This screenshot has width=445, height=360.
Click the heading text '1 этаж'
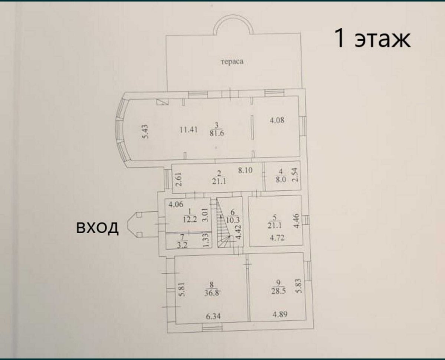click(x=372, y=38)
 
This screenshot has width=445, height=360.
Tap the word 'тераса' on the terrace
click(x=232, y=62)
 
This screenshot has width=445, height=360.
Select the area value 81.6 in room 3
click(x=217, y=133)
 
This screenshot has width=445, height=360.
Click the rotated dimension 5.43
click(x=145, y=132)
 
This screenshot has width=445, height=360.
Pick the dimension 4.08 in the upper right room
click(x=277, y=120)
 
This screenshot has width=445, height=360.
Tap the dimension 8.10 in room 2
click(x=245, y=171)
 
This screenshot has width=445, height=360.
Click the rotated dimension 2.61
click(x=179, y=179)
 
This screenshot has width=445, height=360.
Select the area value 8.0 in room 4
click(x=281, y=179)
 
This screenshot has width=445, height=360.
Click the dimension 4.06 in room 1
click(x=176, y=204)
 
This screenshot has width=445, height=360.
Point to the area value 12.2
click(x=190, y=219)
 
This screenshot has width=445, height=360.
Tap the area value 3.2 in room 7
click(x=182, y=245)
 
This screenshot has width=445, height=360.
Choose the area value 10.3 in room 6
click(x=233, y=219)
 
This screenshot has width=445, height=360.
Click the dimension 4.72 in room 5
click(x=277, y=238)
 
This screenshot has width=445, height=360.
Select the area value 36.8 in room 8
click(x=212, y=293)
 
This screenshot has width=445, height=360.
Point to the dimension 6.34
click(x=213, y=316)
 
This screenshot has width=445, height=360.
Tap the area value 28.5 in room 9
click(x=278, y=291)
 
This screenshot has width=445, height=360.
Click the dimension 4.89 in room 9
click(x=280, y=314)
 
